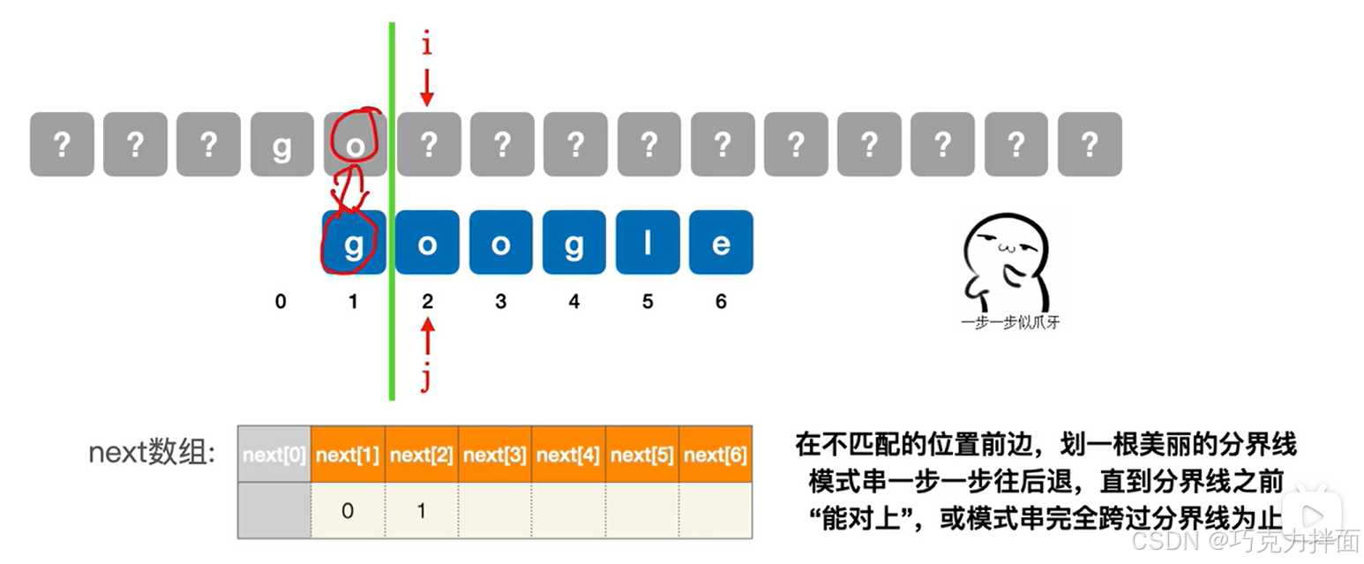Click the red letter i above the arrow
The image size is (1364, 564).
[427, 45]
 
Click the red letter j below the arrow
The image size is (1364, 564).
[427, 377]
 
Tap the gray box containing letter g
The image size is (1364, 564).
[281, 144]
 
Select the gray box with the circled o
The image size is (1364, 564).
[355, 144]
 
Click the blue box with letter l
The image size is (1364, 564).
[648, 243]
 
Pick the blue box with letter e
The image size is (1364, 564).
[721, 243]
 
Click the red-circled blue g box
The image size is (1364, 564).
[354, 243]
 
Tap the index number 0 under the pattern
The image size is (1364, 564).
[281, 302]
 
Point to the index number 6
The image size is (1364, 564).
[721, 302]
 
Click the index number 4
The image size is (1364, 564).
[574, 302]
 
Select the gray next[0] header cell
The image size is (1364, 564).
[274, 455]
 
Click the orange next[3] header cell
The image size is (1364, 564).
[495, 455]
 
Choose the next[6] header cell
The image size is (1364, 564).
[716, 455]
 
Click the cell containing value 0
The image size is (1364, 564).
[348, 511]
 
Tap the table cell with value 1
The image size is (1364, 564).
[421, 511]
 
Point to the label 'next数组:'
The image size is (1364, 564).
[151, 453]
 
